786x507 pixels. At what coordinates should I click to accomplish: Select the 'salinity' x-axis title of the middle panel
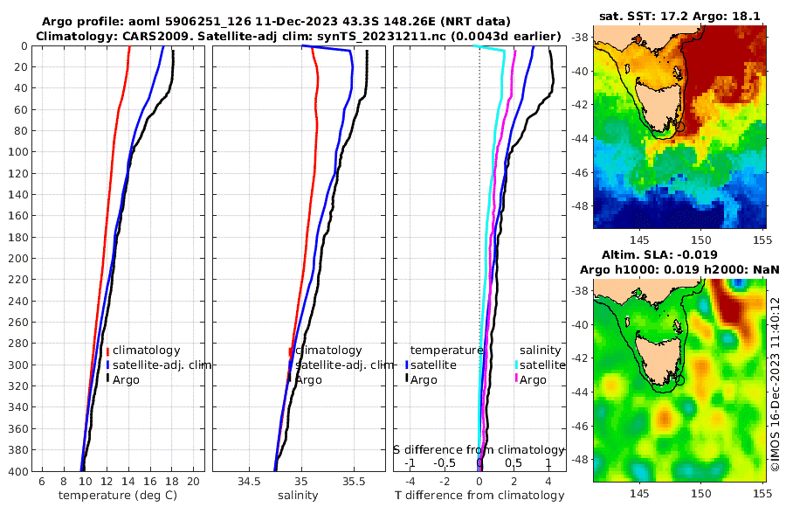[x=298, y=496]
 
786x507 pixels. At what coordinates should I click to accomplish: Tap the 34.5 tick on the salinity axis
[x=249, y=482]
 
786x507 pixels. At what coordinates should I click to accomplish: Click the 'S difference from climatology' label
[x=479, y=449]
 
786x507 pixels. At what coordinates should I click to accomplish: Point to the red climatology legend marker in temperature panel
[x=107, y=351]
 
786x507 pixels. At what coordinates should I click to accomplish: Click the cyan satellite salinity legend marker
[x=516, y=365]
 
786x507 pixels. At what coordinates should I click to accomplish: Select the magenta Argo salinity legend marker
[x=516, y=379]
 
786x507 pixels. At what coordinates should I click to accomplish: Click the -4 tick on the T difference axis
[x=410, y=482]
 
